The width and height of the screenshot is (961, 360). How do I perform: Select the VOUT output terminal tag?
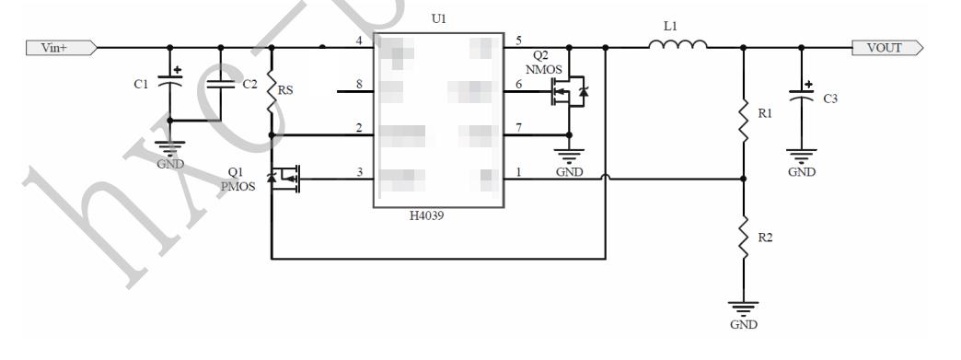[887, 47]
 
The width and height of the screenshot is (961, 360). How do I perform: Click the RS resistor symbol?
[272, 93]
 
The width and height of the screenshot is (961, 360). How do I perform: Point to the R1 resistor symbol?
[744, 121]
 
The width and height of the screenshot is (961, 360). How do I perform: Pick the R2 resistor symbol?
[744, 244]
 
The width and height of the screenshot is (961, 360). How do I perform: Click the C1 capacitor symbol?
[168, 83]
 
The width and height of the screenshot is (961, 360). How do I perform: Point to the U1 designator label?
[438, 19]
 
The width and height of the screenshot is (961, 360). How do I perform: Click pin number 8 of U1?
[360, 85]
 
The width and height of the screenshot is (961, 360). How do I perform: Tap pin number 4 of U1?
[360, 41]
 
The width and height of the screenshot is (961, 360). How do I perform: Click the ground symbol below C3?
[800, 158]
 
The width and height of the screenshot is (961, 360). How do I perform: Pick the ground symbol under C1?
[168, 147]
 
